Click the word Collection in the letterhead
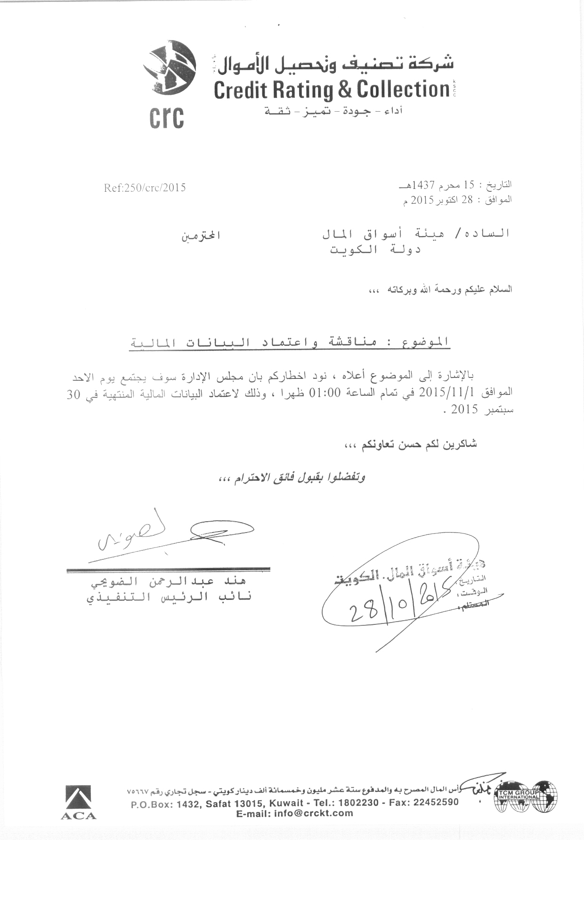pyautogui.click(x=402, y=89)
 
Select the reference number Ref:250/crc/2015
pyautogui.click(x=145, y=188)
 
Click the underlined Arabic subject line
pyautogui.click(x=290, y=343)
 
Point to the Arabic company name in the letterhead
pyautogui.click(x=332, y=65)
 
